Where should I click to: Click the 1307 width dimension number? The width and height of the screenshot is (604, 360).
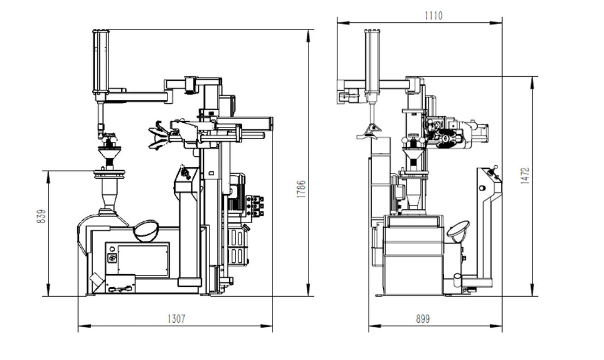(x=176, y=319)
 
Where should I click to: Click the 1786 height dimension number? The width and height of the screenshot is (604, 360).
(x=301, y=189)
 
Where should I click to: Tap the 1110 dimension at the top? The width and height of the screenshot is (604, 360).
(x=434, y=16)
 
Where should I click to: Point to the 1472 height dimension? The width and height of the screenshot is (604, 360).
(x=526, y=175)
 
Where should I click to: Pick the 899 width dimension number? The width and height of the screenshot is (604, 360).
(x=423, y=319)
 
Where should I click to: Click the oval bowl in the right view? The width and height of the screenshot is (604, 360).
(x=458, y=231)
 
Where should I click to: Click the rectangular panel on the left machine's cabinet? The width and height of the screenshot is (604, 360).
(x=143, y=259)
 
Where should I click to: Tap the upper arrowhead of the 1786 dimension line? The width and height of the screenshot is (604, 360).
(x=308, y=33)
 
